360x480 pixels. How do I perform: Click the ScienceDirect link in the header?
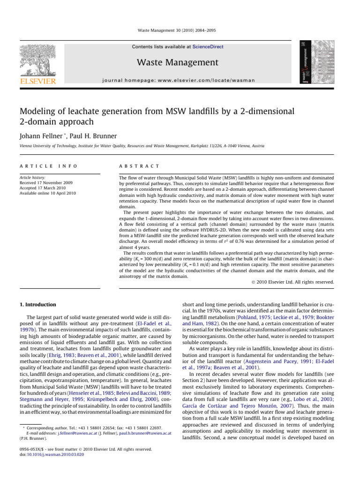(210, 47)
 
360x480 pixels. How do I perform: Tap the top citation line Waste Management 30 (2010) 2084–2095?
(180, 30)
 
